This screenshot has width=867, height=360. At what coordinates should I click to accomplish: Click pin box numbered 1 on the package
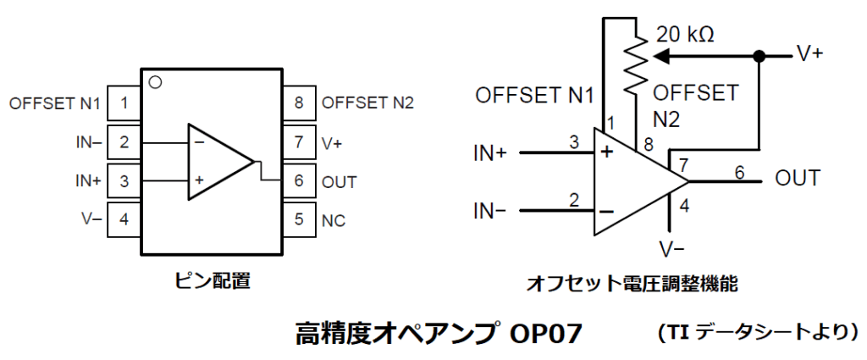124,104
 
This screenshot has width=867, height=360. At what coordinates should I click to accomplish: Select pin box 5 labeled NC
298,219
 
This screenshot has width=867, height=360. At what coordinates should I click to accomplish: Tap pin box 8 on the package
298,104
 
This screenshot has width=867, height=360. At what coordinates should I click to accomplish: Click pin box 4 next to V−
124,219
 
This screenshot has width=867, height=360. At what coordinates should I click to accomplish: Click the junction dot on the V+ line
759,57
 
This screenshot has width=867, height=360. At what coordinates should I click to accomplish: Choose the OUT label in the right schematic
797,179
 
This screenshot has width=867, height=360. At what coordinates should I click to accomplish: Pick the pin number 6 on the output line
738,172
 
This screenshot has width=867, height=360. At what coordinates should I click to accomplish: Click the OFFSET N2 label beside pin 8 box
367,104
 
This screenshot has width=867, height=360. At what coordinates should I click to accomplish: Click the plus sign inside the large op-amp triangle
606,152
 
